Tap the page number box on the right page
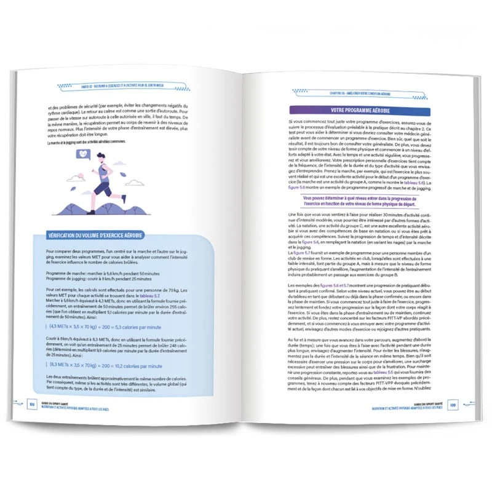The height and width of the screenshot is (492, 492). (x=451, y=405)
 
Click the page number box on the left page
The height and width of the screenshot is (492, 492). (x=32, y=403)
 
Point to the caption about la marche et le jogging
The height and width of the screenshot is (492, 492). (x=86, y=142)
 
